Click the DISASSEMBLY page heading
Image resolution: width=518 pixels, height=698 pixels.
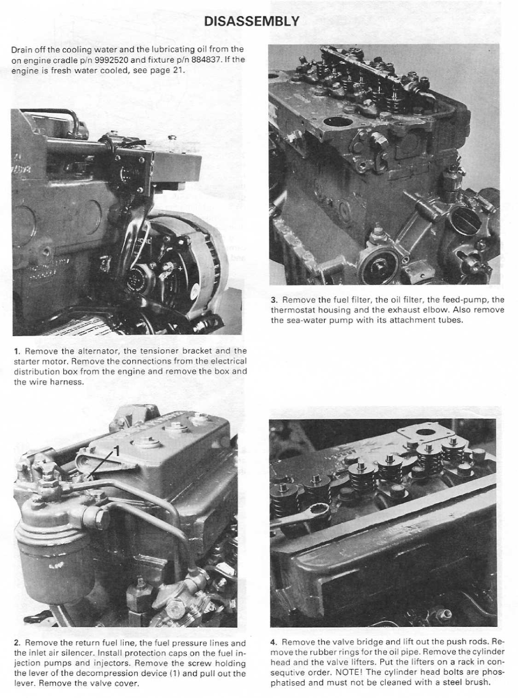(x=251, y=21)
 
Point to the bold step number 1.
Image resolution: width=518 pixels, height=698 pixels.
(x=16, y=351)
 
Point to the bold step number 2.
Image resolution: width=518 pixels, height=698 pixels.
(x=17, y=643)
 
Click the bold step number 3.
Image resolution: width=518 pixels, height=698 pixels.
(x=273, y=300)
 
